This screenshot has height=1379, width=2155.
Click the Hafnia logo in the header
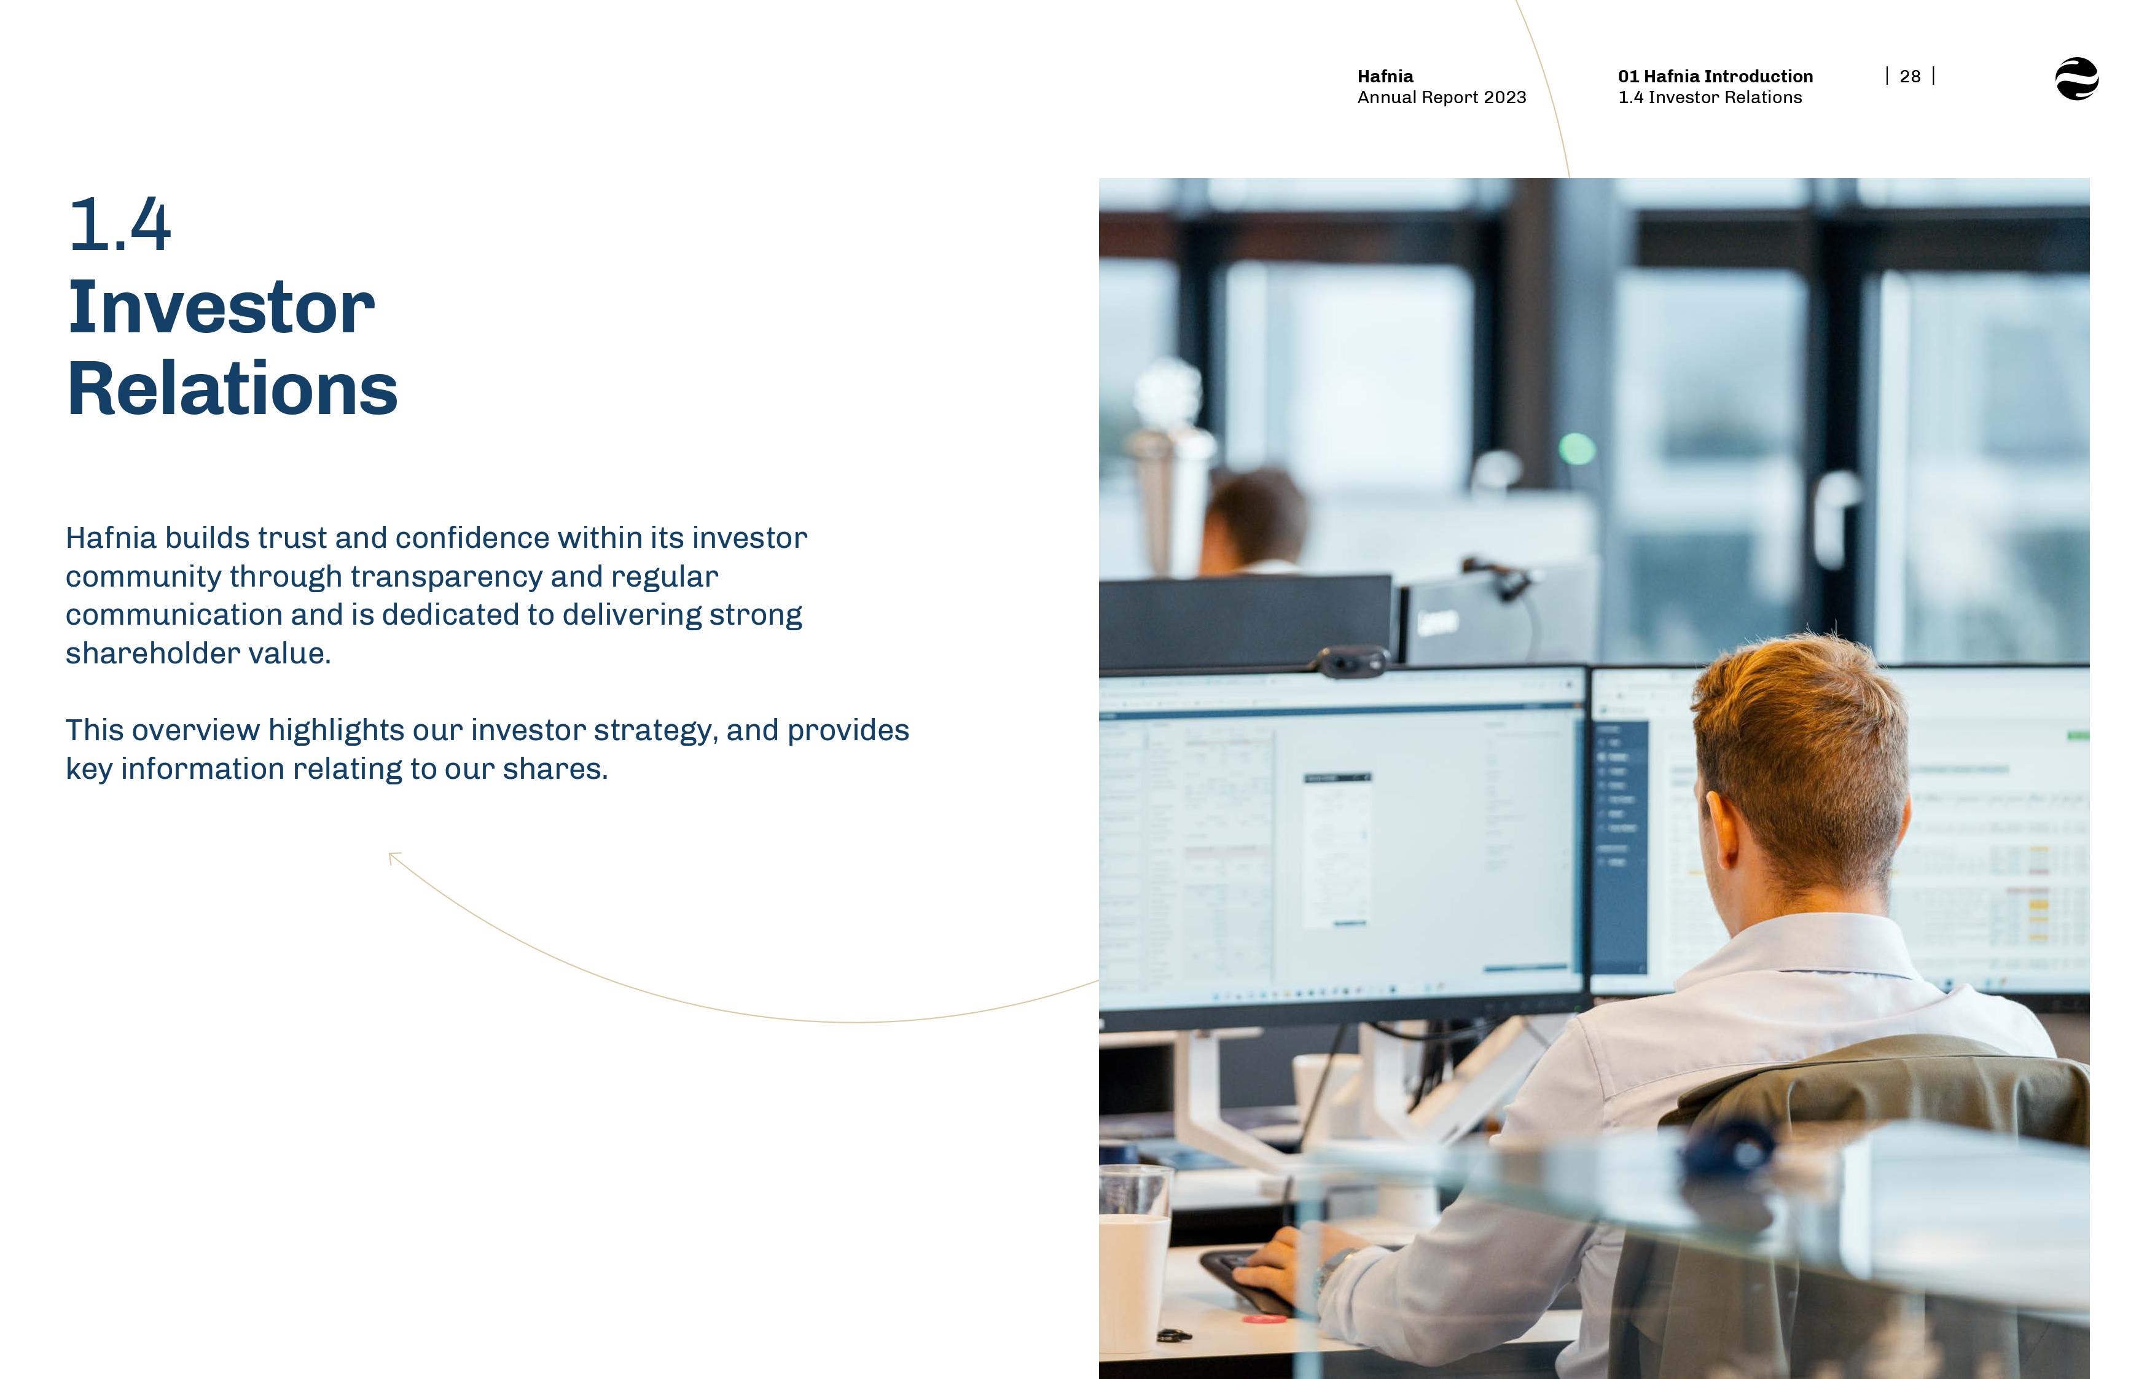[x=2076, y=79]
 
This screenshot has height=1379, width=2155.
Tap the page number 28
[x=1910, y=77]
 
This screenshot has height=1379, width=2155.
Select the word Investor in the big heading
[x=221, y=307]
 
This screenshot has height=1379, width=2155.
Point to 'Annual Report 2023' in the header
[x=1441, y=98]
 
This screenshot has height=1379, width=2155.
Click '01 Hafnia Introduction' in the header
[x=1715, y=77]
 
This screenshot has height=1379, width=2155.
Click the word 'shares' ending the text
[x=552, y=769]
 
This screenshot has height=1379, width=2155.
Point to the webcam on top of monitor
[x=1352, y=661]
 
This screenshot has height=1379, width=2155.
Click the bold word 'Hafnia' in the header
[x=1385, y=77]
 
